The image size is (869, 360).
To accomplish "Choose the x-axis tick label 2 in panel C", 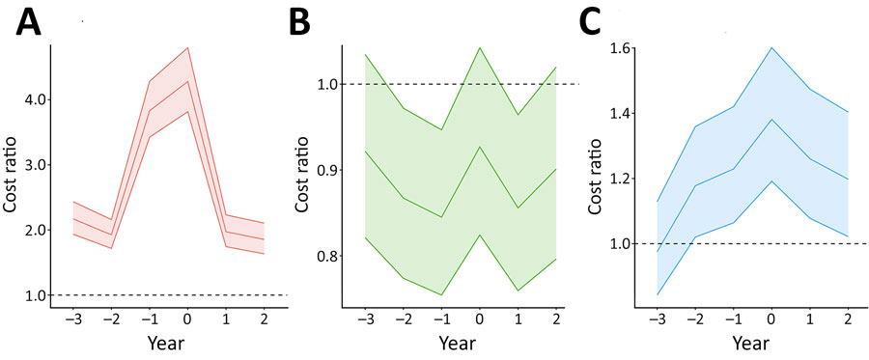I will coord(848,317).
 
